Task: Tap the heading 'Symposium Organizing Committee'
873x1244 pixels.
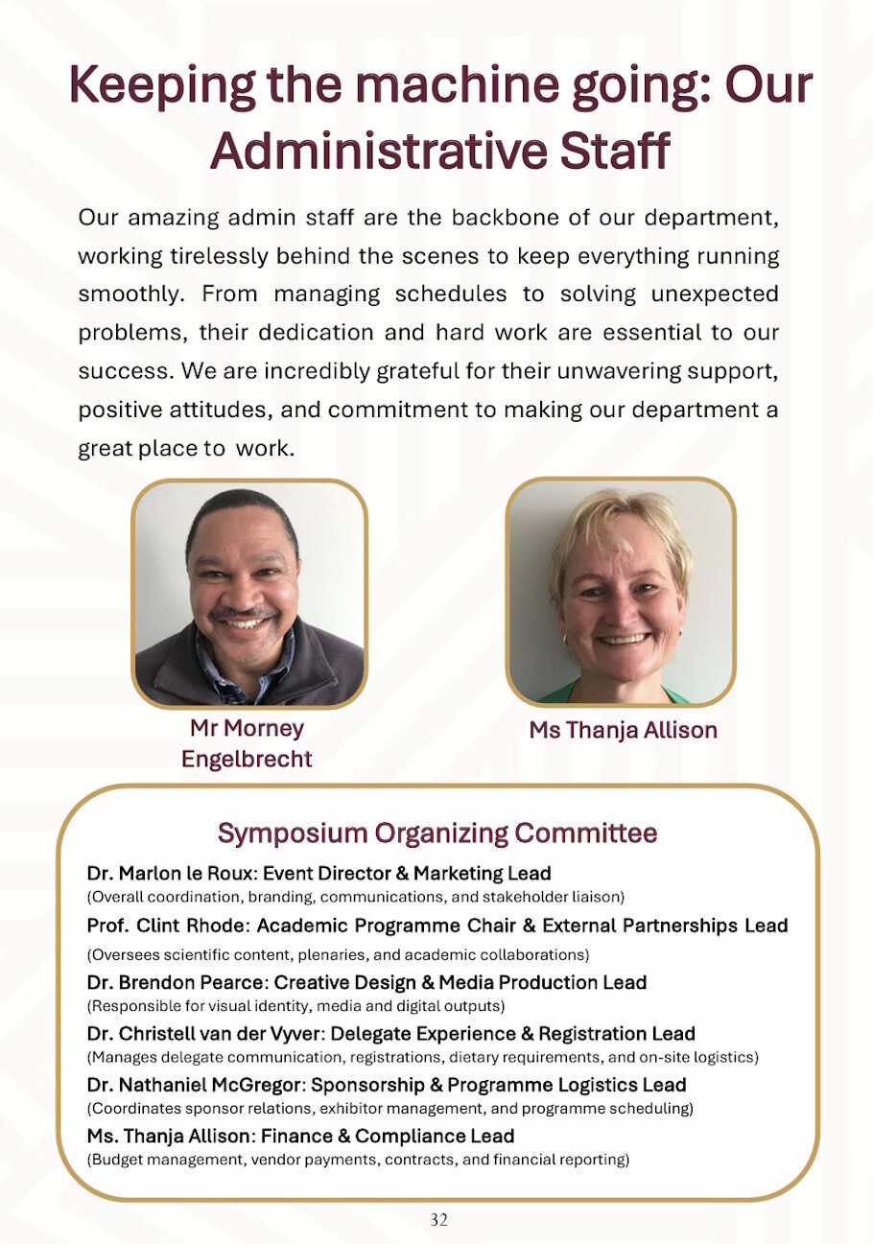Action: point(437,833)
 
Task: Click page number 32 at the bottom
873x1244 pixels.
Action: point(438,1220)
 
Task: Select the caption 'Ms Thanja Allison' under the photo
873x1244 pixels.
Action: point(623,730)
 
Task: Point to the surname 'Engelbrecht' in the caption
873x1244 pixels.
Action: point(247,760)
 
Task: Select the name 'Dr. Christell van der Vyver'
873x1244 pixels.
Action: point(212,1033)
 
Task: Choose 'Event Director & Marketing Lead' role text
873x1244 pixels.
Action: point(407,873)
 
